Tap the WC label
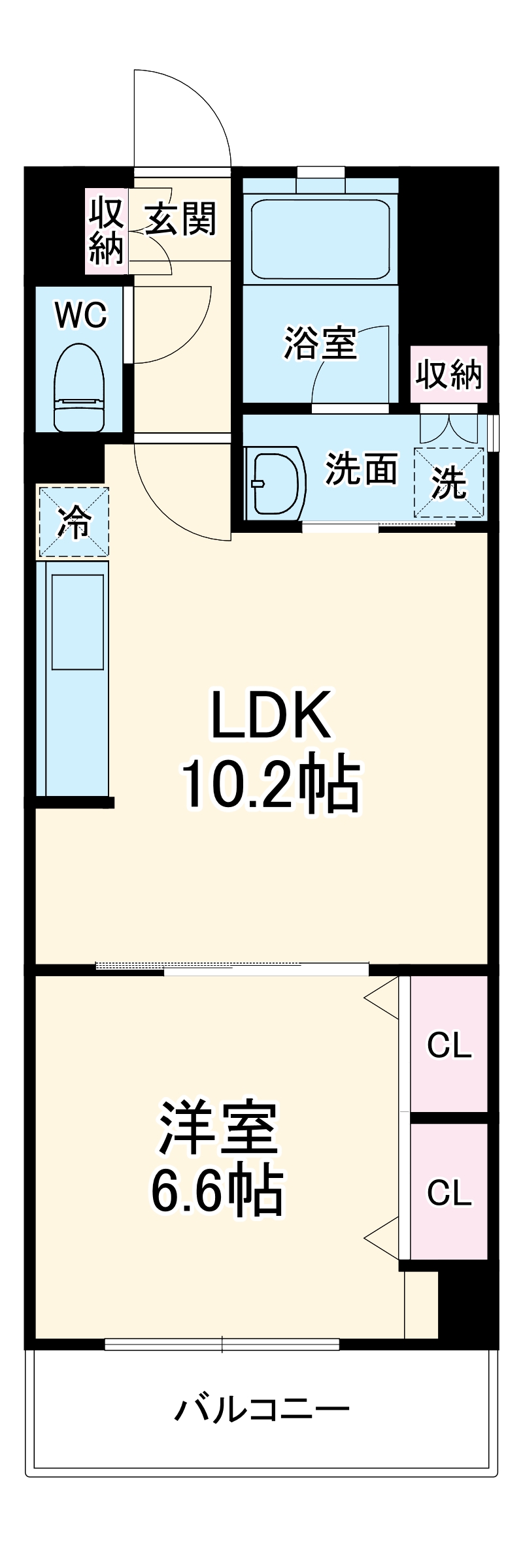(81, 315)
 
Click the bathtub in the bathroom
(320, 238)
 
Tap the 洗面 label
(362, 469)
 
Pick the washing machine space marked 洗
(449, 483)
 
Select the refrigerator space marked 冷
(73, 522)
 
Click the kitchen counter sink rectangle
(78, 622)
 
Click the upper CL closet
(449, 1045)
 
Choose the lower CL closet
(449, 1192)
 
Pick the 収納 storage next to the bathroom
(449, 374)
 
